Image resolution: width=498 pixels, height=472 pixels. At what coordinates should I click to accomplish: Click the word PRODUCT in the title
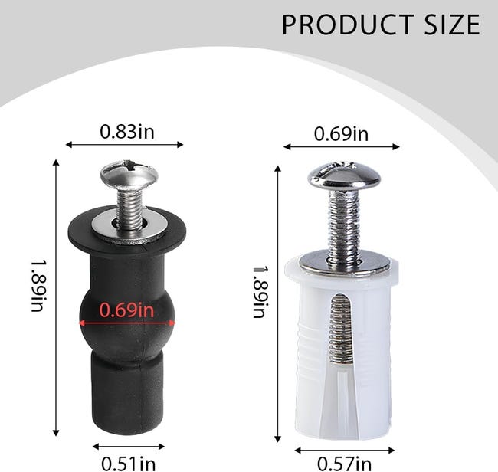tap(345, 25)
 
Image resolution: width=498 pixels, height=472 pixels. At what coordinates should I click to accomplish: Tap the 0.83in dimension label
tap(127, 131)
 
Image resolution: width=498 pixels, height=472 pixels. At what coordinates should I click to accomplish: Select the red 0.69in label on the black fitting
tap(126, 310)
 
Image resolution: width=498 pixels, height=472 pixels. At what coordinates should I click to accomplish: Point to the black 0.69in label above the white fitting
tap(341, 134)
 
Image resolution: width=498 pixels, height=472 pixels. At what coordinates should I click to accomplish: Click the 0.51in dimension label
tap(129, 462)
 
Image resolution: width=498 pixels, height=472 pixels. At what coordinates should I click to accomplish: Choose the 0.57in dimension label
tap(345, 462)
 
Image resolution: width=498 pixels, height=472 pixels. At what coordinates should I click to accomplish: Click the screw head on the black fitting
tap(129, 173)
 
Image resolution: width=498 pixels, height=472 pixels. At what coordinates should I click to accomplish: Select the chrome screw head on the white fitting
tap(344, 177)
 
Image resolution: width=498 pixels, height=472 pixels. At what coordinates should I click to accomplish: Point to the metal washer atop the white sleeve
tap(343, 263)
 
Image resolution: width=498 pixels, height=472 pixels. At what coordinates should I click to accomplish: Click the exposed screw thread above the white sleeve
tap(342, 222)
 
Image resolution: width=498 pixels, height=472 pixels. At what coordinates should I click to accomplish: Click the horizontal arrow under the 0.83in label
tap(125, 144)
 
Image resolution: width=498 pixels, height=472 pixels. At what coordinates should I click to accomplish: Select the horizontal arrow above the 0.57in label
tap(345, 450)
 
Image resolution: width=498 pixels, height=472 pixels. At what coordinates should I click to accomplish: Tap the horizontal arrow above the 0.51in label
tap(129, 446)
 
